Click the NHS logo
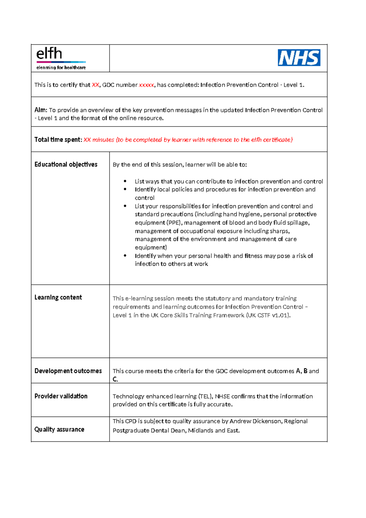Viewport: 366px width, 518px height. pyautogui.click(x=299, y=58)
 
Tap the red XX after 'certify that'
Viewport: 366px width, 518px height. pyautogui.click(x=95, y=85)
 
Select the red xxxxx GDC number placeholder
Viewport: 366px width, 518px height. pyautogui.click(x=146, y=85)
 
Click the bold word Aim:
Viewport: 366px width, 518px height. pyautogui.click(x=41, y=110)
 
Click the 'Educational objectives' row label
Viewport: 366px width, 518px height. pyautogui.click(x=66, y=164)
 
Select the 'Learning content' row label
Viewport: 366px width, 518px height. pyautogui.click(x=58, y=297)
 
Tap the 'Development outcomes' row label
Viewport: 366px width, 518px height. pyautogui.click(x=68, y=371)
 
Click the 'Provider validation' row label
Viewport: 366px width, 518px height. pyautogui.click(x=61, y=396)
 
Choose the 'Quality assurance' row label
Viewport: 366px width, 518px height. pyautogui.click(x=59, y=429)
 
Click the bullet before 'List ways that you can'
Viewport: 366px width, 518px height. pyautogui.click(x=125, y=181)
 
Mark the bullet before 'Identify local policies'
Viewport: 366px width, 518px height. pyautogui.click(x=125, y=189)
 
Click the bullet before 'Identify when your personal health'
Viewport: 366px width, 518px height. pyautogui.click(x=125, y=256)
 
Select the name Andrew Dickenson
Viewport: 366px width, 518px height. pyautogui.click(x=255, y=421)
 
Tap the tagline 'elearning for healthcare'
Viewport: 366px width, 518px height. pyautogui.click(x=61, y=67)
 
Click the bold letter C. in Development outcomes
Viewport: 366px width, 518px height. pyautogui.click(x=115, y=379)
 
